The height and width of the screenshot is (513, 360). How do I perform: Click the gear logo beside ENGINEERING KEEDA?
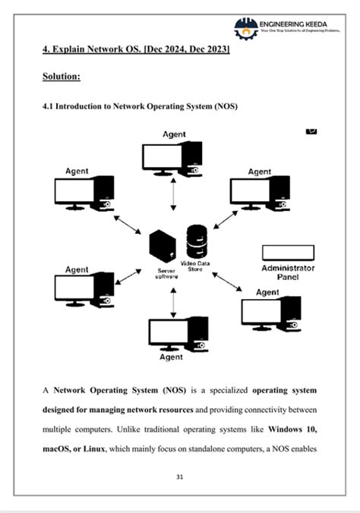tap(245, 28)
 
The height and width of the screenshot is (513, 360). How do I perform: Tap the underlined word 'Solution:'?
tap(62, 77)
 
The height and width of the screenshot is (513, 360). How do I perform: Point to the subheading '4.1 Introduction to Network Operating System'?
tap(141, 107)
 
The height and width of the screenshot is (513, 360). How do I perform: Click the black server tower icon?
tap(163, 246)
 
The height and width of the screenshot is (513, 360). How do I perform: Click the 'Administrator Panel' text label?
tap(288, 272)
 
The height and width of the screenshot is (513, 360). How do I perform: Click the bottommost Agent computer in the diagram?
tap(175, 333)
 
